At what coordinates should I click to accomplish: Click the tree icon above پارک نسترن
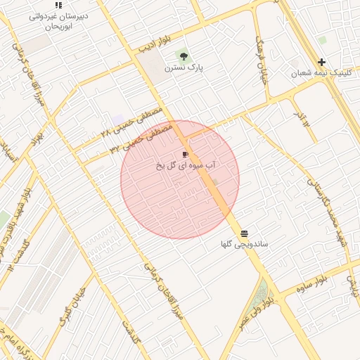tap(184, 56)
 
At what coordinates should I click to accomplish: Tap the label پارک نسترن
tap(184, 68)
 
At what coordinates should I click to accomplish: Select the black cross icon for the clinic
tap(321, 63)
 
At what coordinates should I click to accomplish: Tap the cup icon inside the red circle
tap(186, 154)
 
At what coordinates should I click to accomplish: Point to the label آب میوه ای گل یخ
tap(186, 165)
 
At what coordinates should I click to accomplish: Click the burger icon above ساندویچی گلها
tap(244, 233)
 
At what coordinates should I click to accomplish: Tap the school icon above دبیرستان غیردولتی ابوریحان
tap(58, 6)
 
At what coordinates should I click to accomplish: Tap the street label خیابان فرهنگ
tap(263, 56)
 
